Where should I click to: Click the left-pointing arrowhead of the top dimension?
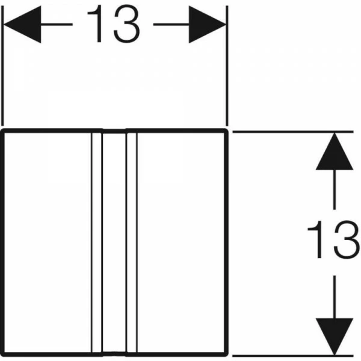click(22, 25)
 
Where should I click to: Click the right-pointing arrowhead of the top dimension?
click(208, 25)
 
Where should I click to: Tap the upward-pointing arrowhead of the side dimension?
click(335, 151)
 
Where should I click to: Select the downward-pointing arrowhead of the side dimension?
click(335, 336)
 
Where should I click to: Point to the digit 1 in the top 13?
click(96, 24)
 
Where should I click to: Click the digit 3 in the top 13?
click(126, 24)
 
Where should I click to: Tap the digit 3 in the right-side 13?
click(347, 239)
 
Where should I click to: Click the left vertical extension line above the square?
click(2, 66)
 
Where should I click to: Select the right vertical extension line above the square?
click(227, 66)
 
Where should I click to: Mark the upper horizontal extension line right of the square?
click(293, 132)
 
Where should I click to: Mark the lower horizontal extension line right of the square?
click(293, 356)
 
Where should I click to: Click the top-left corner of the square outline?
click(2, 131)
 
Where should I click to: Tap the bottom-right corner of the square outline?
click(227, 355)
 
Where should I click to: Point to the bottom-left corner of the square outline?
click(2, 355)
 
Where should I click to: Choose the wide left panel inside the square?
click(48, 242)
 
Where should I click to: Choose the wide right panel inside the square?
click(181, 242)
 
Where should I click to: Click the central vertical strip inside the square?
click(114, 242)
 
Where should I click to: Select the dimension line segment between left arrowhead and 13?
click(57, 24)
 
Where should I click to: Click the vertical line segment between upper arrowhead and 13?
click(335, 190)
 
